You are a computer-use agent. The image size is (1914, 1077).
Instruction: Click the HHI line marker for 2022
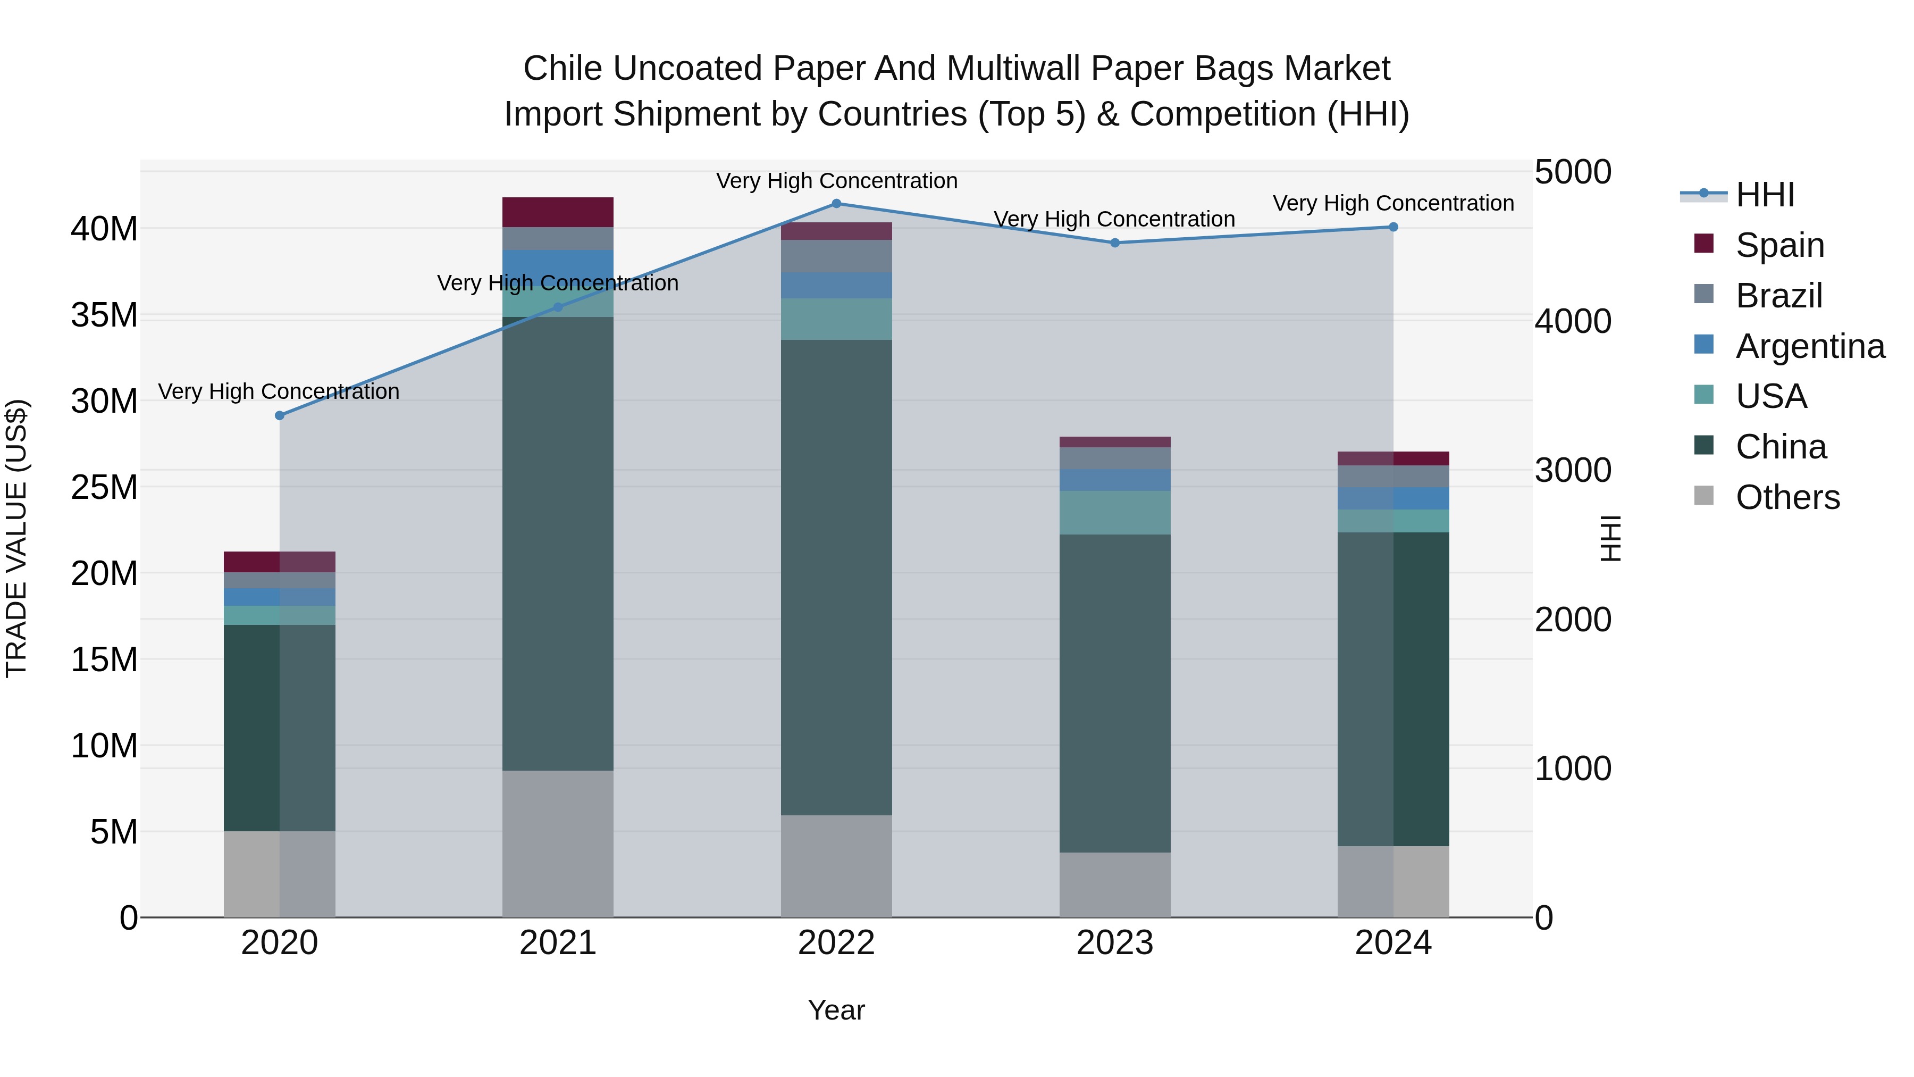click(836, 203)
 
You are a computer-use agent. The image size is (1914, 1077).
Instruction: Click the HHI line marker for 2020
click(279, 415)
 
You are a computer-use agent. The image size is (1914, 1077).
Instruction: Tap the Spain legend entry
click(1779, 245)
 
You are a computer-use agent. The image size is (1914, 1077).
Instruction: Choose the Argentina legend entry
click(1809, 346)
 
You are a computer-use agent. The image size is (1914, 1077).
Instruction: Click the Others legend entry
click(1787, 497)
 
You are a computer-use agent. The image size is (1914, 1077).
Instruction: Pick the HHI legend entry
click(1765, 195)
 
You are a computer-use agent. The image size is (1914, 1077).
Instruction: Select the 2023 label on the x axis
click(1114, 943)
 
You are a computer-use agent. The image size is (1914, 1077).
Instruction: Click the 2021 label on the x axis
click(558, 943)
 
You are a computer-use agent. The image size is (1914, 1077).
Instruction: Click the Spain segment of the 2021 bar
click(558, 212)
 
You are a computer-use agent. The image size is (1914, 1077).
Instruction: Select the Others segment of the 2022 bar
click(836, 866)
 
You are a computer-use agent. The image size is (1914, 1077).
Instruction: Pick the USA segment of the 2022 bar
click(836, 319)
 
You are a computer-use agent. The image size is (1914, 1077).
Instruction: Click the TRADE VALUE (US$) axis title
click(16, 538)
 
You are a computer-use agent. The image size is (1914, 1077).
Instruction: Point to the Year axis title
click(836, 1010)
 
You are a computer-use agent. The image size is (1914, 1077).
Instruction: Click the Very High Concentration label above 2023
click(1114, 219)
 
